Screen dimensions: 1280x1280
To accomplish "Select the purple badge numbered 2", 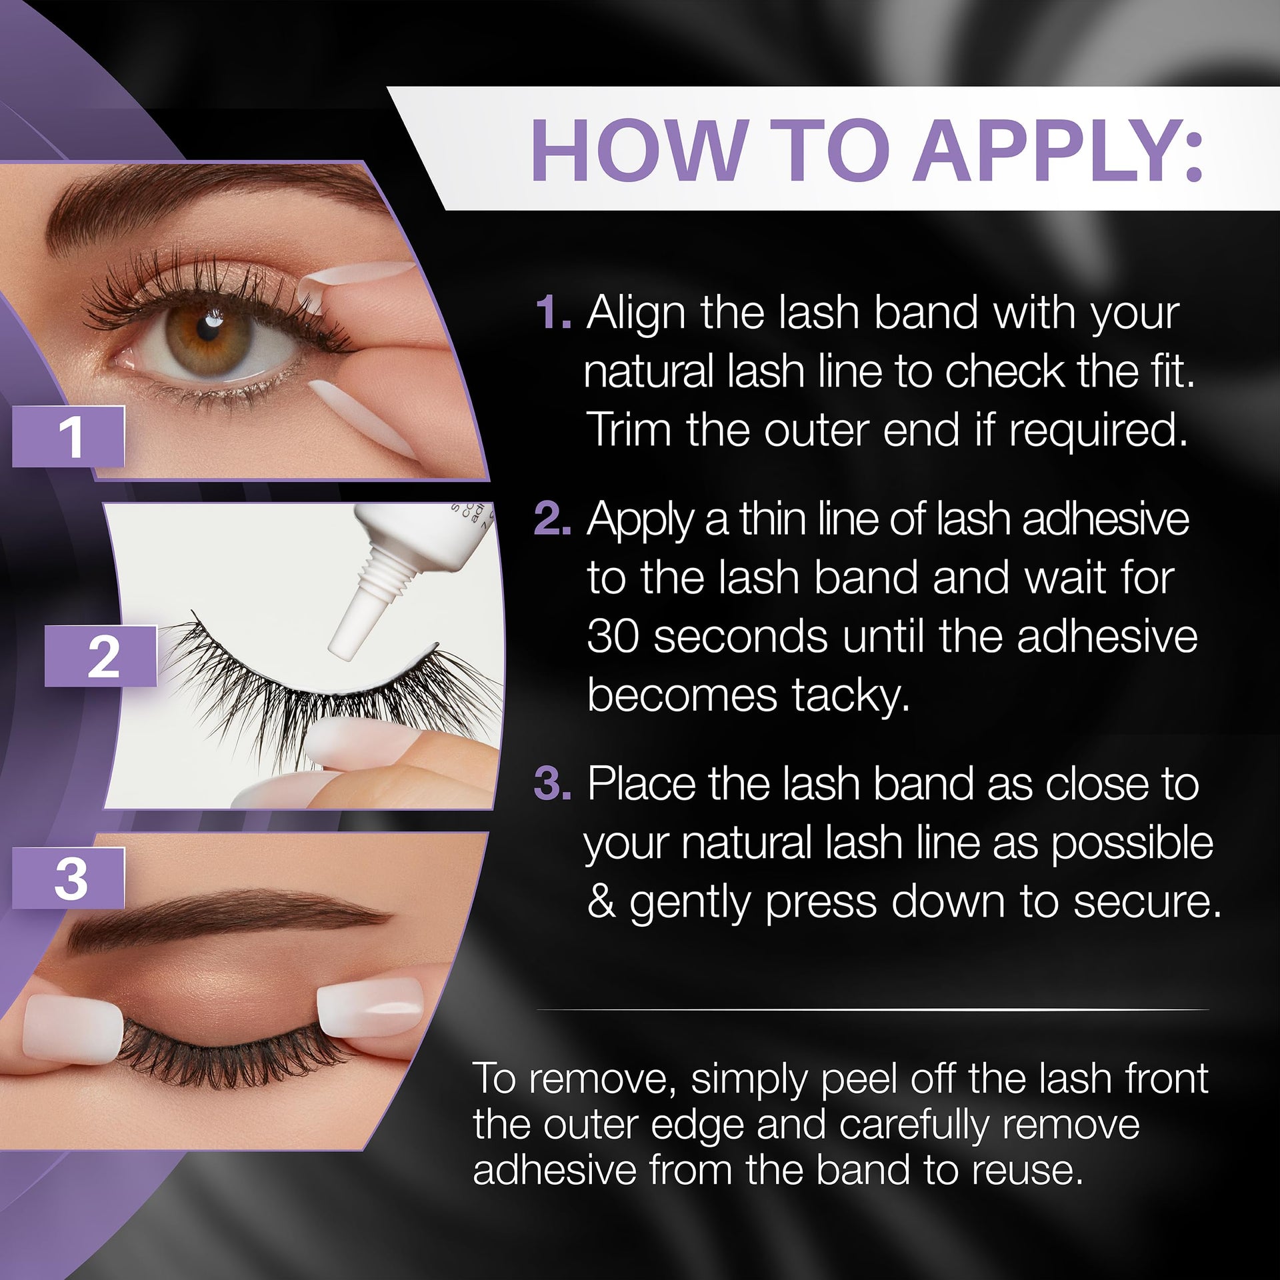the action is (x=101, y=657).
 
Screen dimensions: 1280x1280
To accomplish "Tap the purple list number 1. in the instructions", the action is (x=553, y=313).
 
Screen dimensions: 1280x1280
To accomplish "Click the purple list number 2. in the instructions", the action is (x=553, y=519).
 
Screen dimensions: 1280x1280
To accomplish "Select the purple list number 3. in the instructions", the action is (x=553, y=785).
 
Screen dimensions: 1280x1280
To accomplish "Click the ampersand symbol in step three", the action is (x=601, y=903).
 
